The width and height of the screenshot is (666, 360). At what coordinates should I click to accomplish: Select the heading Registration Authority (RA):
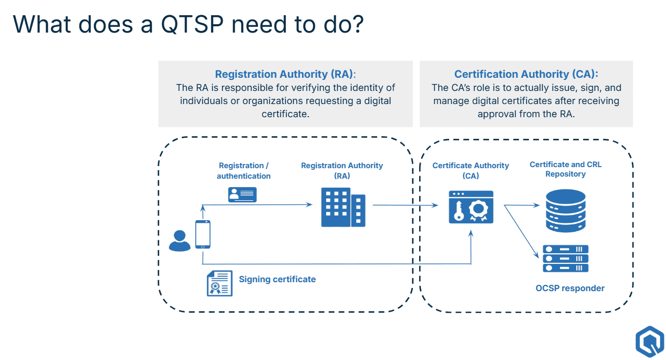(x=285, y=74)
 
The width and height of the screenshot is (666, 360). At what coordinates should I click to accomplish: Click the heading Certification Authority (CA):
(x=526, y=74)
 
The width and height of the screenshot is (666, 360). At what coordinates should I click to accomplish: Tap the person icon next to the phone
(x=180, y=241)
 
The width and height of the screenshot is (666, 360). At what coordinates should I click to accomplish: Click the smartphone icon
(x=203, y=234)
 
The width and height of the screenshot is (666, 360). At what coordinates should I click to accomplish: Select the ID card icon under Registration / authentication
(x=242, y=194)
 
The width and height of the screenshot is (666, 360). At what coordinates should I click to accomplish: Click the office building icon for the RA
(x=342, y=208)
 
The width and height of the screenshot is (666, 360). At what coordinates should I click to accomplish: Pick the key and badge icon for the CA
(x=471, y=207)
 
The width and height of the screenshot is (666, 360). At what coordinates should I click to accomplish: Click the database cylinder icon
(x=565, y=210)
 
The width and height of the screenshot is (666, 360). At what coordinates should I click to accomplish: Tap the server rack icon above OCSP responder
(x=565, y=259)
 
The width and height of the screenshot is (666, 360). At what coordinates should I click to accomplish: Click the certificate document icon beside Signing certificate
(x=220, y=283)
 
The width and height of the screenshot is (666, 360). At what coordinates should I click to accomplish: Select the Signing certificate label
(x=277, y=280)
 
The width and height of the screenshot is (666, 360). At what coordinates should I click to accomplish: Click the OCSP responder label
(x=570, y=288)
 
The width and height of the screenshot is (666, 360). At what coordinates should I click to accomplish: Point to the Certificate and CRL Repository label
(x=565, y=169)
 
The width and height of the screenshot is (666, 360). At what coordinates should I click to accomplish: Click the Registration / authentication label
(x=244, y=171)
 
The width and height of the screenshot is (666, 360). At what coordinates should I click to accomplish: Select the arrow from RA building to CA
(x=404, y=205)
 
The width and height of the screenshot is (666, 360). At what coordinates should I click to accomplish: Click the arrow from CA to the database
(x=523, y=205)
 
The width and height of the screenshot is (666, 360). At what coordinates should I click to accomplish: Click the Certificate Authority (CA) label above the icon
(x=471, y=171)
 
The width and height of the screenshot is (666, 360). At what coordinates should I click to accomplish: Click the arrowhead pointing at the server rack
(x=537, y=256)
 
